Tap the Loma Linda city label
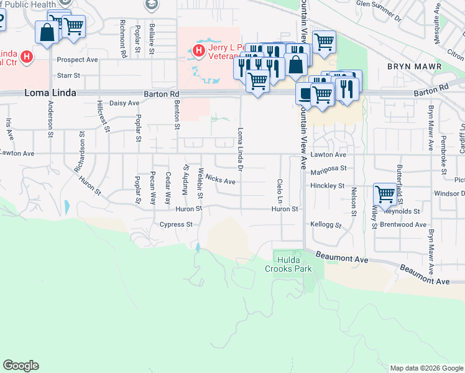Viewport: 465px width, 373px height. (50, 93)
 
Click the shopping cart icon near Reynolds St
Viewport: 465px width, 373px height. (385, 194)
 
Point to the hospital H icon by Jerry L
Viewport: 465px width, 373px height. (199, 50)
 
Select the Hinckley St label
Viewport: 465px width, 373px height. (328, 185)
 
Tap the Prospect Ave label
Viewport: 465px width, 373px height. (78, 60)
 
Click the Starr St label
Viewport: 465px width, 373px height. (68, 75)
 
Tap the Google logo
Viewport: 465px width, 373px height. (21, 366)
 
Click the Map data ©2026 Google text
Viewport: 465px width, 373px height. (426, 368)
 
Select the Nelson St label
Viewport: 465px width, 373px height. (353, 202)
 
